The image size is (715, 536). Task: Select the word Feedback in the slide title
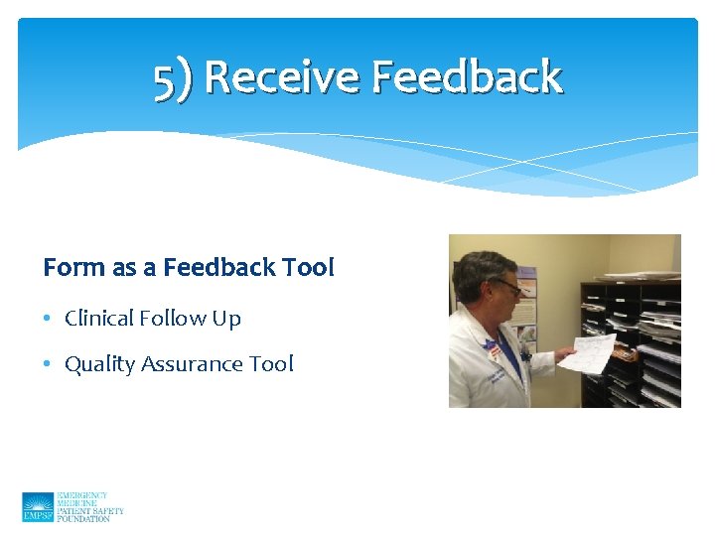(468, 77)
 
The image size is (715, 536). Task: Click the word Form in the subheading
(68, 268)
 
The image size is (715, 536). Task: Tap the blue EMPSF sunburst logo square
(38, 506)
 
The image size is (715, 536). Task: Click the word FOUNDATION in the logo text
(84, 518)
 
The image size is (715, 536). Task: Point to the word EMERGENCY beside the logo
(82, 494)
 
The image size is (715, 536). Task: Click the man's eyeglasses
(505, 285)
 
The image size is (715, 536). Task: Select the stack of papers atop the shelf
(642, 274)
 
